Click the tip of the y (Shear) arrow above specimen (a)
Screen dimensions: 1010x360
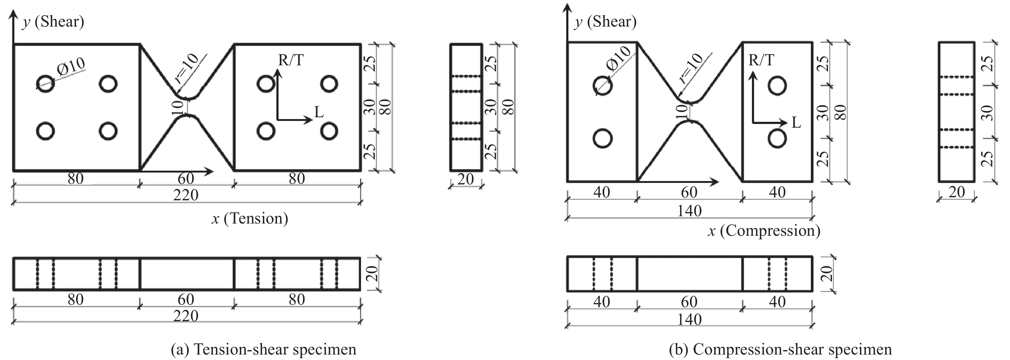point(13,10)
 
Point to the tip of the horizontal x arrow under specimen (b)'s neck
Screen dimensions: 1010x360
point(719,182)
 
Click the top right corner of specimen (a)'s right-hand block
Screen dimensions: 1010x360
point(361,44)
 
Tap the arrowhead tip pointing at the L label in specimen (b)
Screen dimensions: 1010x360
point(787,123)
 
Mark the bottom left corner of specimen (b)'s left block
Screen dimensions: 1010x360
point(567,182)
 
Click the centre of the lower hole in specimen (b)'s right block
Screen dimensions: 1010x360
point(777,138)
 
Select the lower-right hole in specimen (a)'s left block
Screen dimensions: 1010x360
point(108,131)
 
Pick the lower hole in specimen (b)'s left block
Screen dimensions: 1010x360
point(603,138)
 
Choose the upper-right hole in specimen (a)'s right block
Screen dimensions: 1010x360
point(329,84)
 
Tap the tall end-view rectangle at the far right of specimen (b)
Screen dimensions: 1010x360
point(957,112)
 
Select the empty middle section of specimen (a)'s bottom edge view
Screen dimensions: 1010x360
point(187,274)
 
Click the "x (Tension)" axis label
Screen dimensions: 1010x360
point(250,218)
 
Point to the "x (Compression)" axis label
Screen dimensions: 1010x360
point(764,231)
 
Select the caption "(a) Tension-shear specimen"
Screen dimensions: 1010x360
point(264,349)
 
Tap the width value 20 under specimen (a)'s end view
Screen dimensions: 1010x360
point(466,179)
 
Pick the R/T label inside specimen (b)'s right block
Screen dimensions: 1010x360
point(761,60)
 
